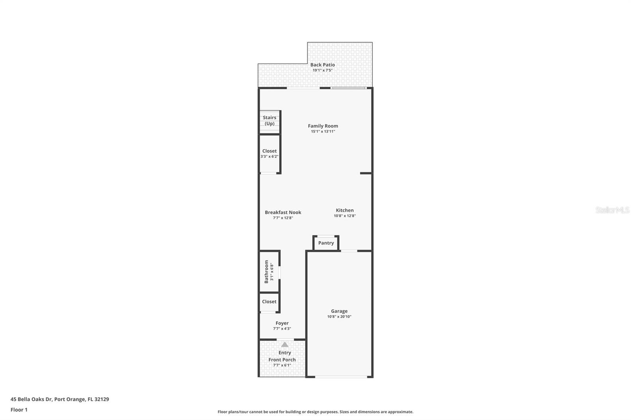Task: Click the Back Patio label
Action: (x=322, y=65)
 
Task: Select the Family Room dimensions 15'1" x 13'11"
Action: (x=323, y=132)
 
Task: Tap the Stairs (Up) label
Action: (x=269, y=120)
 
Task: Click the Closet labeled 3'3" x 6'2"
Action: (x=269, y=153)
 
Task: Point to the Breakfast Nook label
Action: (x=283, y=212)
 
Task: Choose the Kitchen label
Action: (x=345, y=210)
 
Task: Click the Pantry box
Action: (x=326, y=243)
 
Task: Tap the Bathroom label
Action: (x=266, y=271)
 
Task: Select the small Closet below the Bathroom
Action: (x=269, y=302)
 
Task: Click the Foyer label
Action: (x=282, y=323)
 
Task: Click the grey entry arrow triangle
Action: (x=285, y=345)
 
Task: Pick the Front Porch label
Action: (x=282, y=360)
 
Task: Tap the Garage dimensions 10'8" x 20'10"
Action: (x=339, y=317)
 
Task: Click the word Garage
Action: (x=339, y=311)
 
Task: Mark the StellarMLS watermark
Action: (x=612, y=210)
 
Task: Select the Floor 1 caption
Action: (x=19, y=410)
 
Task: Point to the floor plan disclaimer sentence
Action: (x=315, y=412)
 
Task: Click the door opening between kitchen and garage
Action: (x=349, y=251)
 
